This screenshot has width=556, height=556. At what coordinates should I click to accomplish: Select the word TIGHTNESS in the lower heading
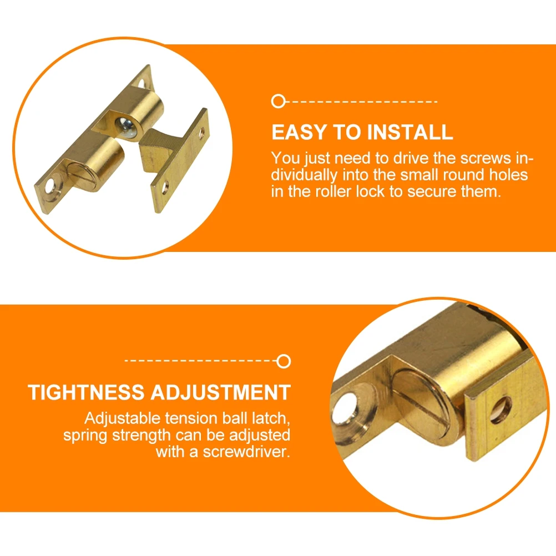(86, 392)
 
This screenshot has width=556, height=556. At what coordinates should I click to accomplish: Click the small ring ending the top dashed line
(278, 102)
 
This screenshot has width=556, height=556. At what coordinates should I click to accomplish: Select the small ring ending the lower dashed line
(284, 361)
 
